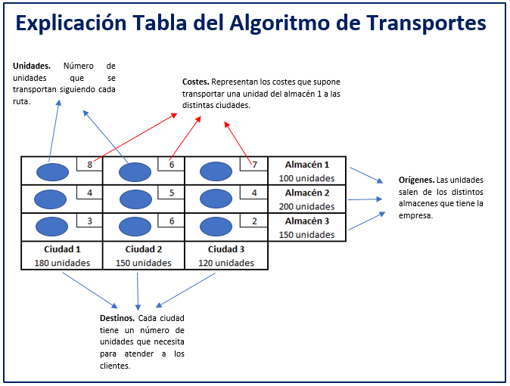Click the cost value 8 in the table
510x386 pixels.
click(x=90, y=164)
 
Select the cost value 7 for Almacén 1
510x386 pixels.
click(x=255, y=164)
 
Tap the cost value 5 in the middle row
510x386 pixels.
click(x=172, y=193)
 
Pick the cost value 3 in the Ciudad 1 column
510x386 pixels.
click(x=90, y=221)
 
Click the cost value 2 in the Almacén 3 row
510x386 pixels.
click(x=255, y=221)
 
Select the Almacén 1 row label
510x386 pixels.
click(x=306, y=164)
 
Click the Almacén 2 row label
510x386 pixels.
click(x=306, y=193)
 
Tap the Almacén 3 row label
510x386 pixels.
click(x=306, y=221)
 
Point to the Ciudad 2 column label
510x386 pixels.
click(x=144, y=249)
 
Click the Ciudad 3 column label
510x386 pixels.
click(x=226, y=249)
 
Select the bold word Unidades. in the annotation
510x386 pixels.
click(x=32, y=66)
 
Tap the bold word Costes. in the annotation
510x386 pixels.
click(x=195, y=81)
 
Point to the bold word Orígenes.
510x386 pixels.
click(x=416, y=180)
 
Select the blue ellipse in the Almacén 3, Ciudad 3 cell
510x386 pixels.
click(x=216, y=227)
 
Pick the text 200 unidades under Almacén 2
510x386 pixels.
click(x=306, y=206)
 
